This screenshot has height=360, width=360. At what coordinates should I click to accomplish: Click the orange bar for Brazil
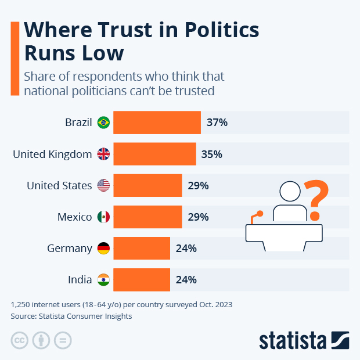point(157,123)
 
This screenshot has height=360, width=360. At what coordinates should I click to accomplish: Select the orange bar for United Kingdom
point(154,154)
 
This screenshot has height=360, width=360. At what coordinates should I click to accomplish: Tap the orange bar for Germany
point(142,249)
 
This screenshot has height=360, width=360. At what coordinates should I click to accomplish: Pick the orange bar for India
point(142,279)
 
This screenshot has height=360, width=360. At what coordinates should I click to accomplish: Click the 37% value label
point(217,123)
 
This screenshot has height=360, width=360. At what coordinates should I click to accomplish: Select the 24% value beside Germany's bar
point(186,249)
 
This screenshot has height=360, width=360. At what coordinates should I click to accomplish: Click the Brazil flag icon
point(103,123)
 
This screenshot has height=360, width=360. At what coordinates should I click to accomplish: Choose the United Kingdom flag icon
point(103,154)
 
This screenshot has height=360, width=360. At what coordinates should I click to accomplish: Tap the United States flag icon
point(103,186)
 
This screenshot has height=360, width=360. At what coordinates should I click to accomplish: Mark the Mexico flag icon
point(103,217)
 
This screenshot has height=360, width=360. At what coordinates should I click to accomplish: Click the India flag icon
point(103,279)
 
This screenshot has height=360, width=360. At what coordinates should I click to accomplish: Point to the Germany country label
point(70,249)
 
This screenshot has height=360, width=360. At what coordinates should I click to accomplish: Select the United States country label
point(59,186)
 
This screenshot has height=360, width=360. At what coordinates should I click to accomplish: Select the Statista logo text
point(293,340)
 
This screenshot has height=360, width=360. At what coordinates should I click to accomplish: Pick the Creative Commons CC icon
point(20,340)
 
